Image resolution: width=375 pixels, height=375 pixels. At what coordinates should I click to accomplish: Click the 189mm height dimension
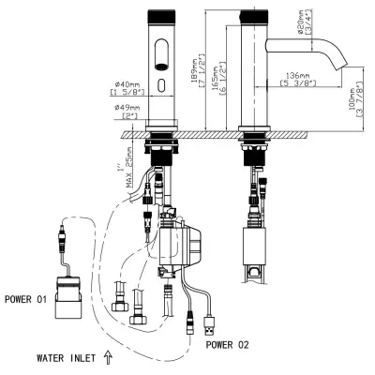pyautogui.click(x=194, y=74)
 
